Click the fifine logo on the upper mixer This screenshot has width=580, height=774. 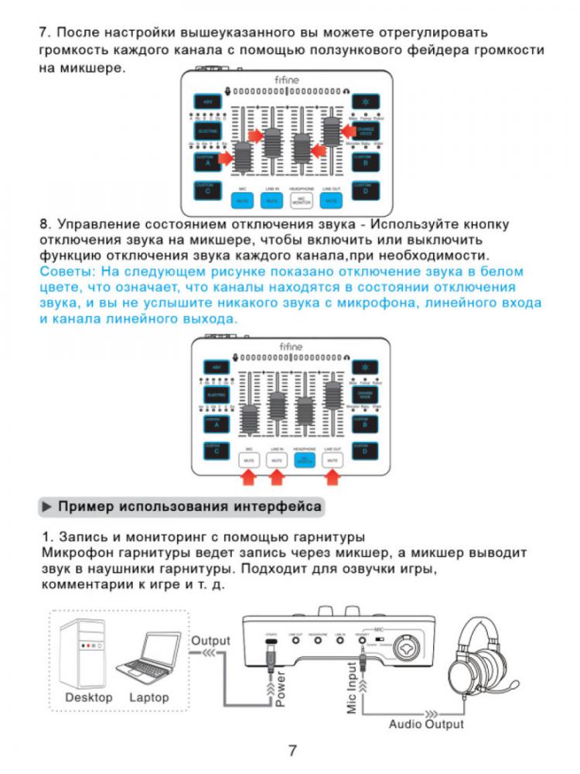288,79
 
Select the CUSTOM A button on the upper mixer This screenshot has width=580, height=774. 206,160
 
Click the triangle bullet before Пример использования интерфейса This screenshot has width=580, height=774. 47,507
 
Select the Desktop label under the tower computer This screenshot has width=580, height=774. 88,697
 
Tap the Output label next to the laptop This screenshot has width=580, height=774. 210,641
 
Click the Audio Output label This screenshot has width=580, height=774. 426,724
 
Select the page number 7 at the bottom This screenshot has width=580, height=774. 292,750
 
